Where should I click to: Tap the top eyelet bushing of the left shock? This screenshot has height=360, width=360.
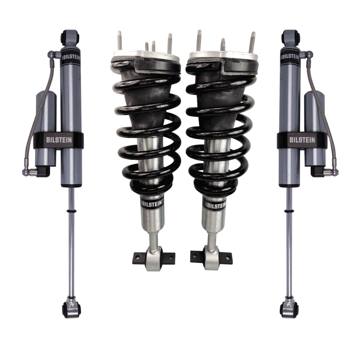pyautogui.click(x=67, y=36)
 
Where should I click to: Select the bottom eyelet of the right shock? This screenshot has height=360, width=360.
pyautogui.click(x=288, y=309)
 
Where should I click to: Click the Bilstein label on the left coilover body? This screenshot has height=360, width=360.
pyautogui.click(x=152, y=204)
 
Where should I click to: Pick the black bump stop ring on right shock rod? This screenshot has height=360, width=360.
pyautogui.click(x=288, y=211)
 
